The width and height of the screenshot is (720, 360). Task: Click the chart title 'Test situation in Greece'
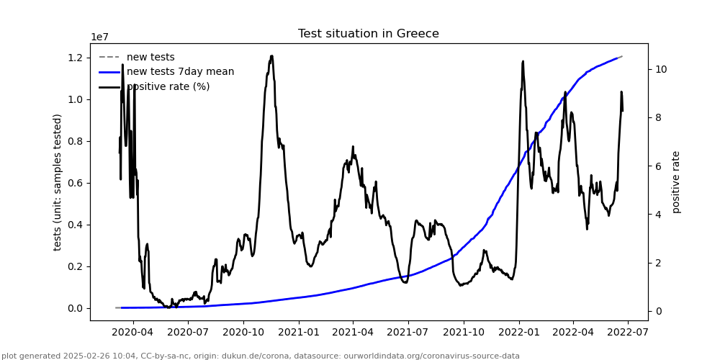(x=368, y=34)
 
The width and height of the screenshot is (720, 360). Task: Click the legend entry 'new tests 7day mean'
(x=180, y=71)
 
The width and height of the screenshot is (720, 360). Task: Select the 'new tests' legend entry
(x=150, y=57)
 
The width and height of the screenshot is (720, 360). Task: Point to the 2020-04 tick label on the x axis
(x=133, y=333)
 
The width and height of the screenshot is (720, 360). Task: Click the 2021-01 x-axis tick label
(x=298, y=333)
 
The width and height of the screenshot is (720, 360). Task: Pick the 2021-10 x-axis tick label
(x=463, y=333)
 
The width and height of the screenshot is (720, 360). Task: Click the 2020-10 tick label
(x=243, y=333)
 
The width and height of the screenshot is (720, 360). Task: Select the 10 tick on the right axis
(x=660, y=70)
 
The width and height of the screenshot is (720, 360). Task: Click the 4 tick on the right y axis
(x=657, y=215)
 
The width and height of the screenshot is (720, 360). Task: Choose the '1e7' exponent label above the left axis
(x=100, y=37)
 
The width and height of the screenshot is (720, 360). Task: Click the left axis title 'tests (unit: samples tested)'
(x=58, y=182)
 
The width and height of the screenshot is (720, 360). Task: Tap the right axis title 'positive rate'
(x=676, y=182)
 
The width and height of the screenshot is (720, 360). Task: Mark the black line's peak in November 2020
(x=271, y=55)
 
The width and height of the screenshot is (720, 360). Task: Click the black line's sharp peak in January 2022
(x=523, y=61)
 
